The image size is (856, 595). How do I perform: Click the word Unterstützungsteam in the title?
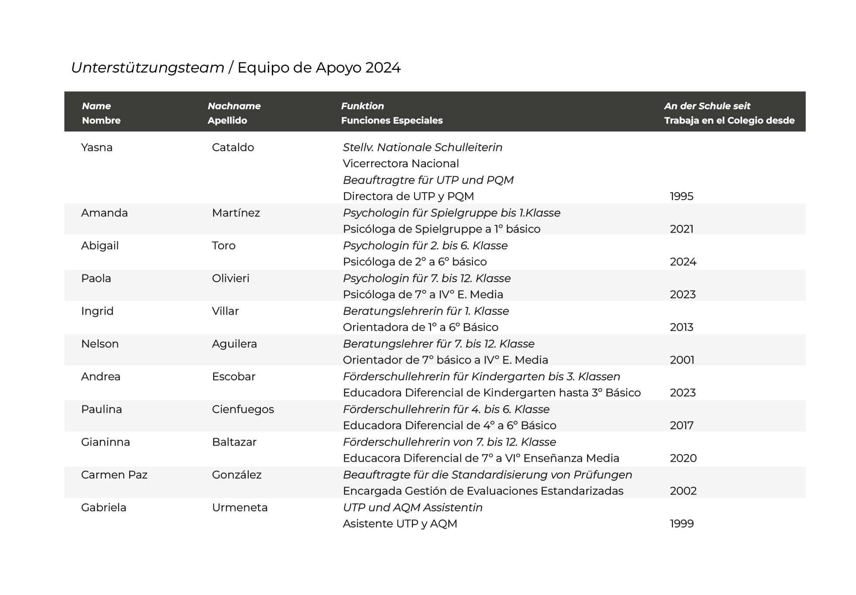[x=147, y=68]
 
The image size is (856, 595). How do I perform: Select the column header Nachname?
[x=234, y=106]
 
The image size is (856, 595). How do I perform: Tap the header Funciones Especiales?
[x=391, y=120]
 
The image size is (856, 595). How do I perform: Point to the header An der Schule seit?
[x=707, y=106]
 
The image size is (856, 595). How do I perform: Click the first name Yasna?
[x=97, y=148]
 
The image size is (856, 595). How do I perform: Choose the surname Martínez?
[x=236, y=213]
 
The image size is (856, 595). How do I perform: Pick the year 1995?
[x=681, y=196]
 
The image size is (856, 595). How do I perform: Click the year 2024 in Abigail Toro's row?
[x=683, y=262]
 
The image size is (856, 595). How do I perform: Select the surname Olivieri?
[x=230, y=279]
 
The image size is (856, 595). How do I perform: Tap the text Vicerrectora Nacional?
[x=401, y=164]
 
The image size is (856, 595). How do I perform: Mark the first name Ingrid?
[x=97, y=311]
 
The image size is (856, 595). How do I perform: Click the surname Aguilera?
[x=234, y=344]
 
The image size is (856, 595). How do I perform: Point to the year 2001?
[x=682, y=360]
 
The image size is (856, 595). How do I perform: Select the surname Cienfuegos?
[x=243, y=409]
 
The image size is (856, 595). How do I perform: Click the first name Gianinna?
[x=106, y=442]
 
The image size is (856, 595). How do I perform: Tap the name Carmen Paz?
[x=114, y=475]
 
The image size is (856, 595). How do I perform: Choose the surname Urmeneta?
[x=240, y=508]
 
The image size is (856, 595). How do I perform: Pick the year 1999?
[x=681, y=524]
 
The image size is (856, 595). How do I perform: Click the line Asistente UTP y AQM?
[x=400, y=524]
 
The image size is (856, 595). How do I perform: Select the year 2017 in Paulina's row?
[x=681, y=426]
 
